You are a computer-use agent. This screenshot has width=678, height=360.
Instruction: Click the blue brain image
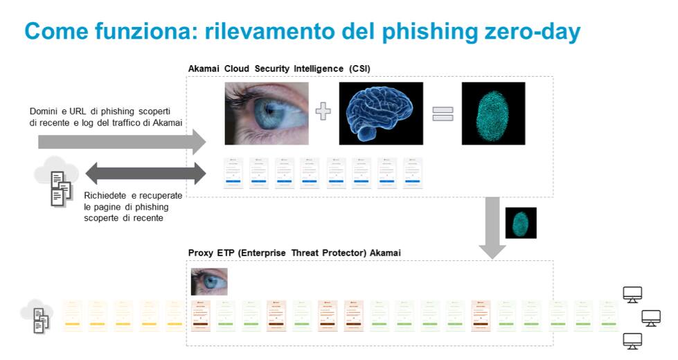pos(380,114)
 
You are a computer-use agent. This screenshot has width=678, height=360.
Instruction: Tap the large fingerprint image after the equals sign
pos(493,114)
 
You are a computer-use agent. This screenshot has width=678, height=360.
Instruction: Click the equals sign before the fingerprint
pos(443,114)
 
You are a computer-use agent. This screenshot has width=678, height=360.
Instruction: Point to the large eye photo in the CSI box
pos(267,114)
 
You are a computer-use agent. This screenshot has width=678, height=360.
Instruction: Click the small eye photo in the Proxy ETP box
pos(209,282)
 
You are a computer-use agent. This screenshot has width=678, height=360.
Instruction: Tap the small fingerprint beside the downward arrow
pos(521,223)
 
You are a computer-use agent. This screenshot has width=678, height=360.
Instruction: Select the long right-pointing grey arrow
pos(122,141)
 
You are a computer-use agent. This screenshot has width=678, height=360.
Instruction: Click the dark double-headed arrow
pos(145,172)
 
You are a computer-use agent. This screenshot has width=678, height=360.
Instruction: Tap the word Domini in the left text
pos(44,111)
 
